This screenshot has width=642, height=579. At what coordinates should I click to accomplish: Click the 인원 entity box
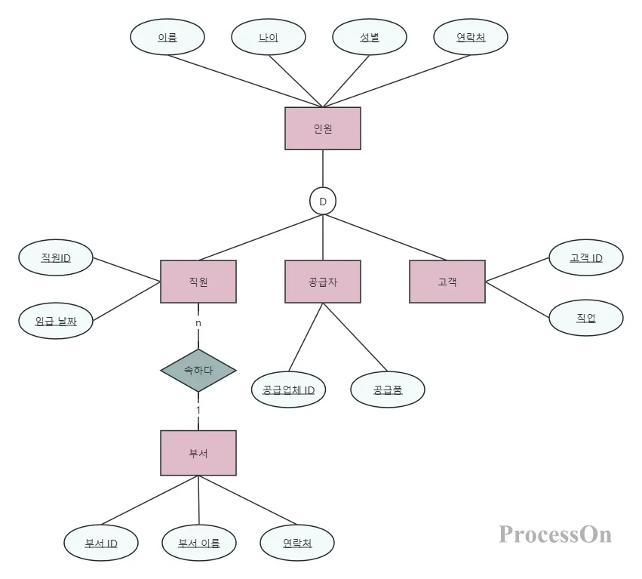(323, 128)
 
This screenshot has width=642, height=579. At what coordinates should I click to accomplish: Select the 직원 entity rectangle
(198, 282)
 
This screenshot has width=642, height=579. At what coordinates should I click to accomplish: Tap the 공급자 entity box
(323, 282)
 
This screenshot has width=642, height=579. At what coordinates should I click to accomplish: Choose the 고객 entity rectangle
(447, 282)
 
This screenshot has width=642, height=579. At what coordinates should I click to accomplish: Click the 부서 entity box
(198, 453)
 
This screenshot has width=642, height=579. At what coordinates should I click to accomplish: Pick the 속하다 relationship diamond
(198, 371)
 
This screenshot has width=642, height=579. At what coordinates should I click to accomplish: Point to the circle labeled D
(323, 201)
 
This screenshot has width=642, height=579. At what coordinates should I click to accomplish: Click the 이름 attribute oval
(167, 37)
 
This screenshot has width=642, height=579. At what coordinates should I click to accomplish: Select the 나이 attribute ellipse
(269, 37)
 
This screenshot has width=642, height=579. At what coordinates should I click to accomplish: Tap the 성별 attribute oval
(370, 37)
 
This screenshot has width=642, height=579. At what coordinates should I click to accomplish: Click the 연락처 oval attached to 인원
(471, 37)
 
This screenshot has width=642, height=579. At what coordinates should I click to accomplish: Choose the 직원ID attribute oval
(56, 257)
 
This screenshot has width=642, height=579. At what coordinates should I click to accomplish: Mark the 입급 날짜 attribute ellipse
(56, 320)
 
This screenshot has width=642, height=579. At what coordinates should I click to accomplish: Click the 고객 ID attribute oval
(586, 257)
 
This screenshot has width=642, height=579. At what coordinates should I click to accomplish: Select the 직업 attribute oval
(586, 318)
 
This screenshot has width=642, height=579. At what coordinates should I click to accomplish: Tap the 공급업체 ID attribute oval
(288, 390)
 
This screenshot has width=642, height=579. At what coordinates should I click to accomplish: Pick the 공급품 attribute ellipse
(388, 390)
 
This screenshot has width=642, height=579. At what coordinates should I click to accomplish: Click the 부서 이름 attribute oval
(199, 543)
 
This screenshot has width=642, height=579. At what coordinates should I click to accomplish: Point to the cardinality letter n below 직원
(198, 322)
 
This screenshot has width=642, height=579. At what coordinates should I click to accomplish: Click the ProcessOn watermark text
(555, 534)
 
